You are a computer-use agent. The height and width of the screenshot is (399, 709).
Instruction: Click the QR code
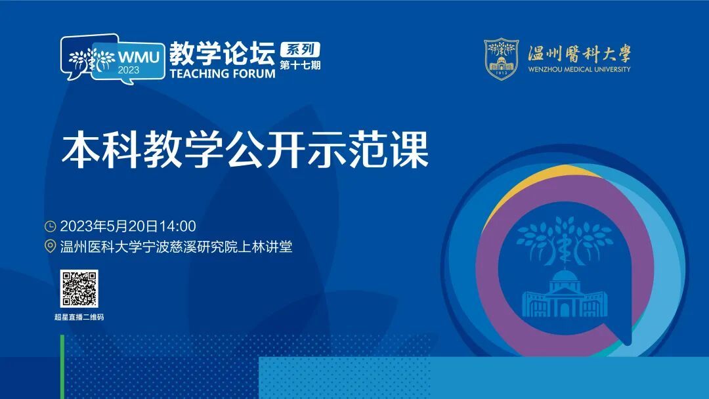click(x=79, y=289)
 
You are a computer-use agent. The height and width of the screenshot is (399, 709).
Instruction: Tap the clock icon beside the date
click(x=50, y=226)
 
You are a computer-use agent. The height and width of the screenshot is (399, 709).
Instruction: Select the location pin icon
click(x=50, y=247)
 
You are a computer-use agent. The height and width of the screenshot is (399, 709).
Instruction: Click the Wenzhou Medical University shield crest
click(x=501, y=59)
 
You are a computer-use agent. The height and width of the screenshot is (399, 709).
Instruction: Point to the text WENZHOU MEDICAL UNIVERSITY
click(x=579, y=69)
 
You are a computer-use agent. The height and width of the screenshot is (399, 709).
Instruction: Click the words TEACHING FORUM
click(x=223, y=73)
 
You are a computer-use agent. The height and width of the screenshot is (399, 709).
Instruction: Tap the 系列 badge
click(x=300, y=49)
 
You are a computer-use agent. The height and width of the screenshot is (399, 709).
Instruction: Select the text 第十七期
click(x=300, y=65)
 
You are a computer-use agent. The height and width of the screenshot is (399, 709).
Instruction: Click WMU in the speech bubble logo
click(x=139, y=57)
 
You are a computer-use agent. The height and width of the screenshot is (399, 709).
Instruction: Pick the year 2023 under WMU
click(x=129, y=70)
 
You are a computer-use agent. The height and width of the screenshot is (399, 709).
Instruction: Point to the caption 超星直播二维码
click(x=79, y=317)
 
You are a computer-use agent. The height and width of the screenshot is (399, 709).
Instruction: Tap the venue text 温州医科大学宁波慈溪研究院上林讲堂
click(x=177, y=247)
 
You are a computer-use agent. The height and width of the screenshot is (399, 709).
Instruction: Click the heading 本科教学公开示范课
click(x=245, y=150)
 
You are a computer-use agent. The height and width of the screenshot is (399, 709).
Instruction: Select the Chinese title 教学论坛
click(x=223, y=53)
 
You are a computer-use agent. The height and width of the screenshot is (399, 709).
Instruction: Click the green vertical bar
click(x=62, y=367)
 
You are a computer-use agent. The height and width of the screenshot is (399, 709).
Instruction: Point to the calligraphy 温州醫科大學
click(x=579, y=53)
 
